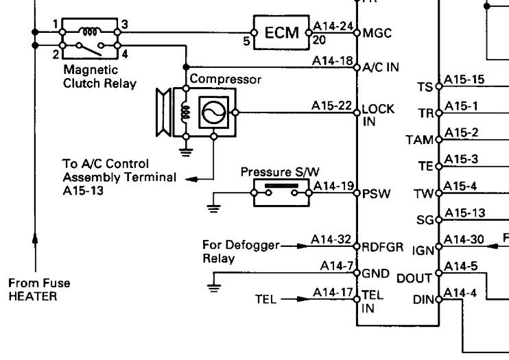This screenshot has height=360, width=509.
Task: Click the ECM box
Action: (x=281, y=32)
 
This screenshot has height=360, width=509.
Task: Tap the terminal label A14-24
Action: (x=333, y=27)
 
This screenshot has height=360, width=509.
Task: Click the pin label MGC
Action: (x=377, y=32)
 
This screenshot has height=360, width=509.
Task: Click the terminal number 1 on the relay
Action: (x=54, y=24)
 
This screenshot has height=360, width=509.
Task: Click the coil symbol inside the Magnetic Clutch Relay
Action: (x=89, y=31)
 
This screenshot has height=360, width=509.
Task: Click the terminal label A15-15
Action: (x=464, y=80)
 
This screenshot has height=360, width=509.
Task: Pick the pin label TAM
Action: (x=419, y=140)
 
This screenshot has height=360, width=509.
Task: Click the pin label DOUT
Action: (x=414, y=278)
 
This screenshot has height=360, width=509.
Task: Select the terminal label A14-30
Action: (x=464, y=239)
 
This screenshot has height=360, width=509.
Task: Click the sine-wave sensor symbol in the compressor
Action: (x=211, y=110)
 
